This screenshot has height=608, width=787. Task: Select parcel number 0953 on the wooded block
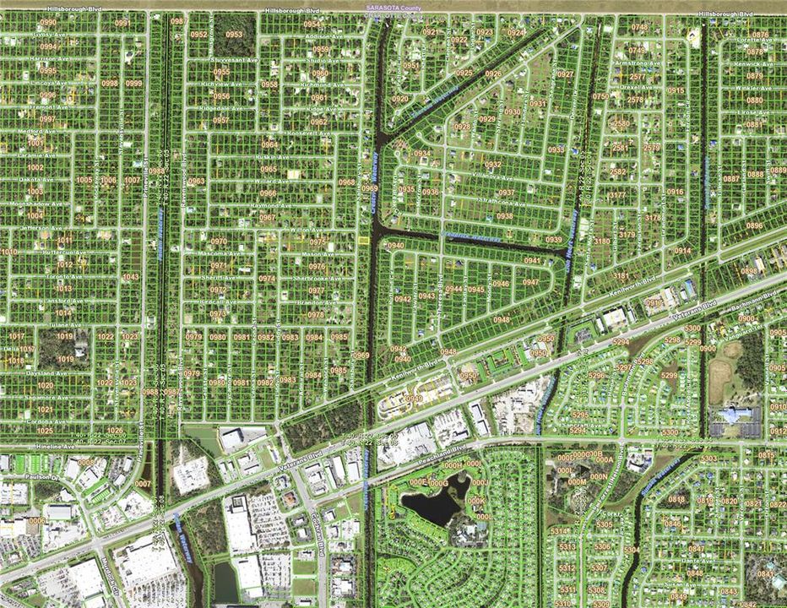click(234, 35)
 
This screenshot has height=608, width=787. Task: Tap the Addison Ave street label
click(324, 37)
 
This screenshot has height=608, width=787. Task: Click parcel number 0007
click(143, 484)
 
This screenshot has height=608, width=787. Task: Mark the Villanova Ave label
click(492, 179)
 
